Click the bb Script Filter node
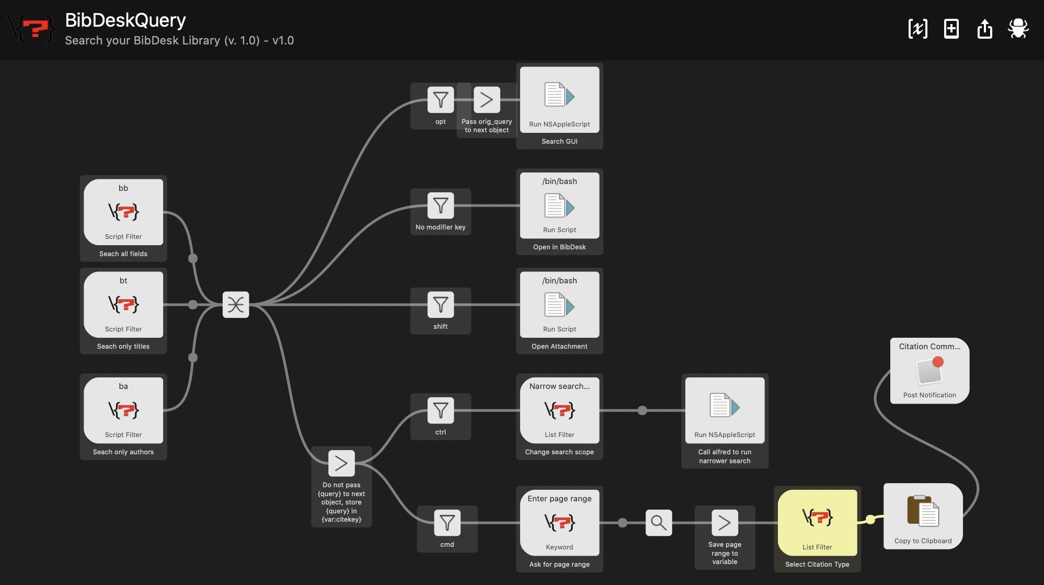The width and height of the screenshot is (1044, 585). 123,212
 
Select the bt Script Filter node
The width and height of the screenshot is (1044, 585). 123,305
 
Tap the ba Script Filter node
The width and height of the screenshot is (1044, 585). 123,410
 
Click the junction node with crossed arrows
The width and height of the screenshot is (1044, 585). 236,305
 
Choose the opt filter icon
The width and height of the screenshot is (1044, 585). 441,100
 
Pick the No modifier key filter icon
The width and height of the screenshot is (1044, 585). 441,205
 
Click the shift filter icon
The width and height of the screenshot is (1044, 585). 441,305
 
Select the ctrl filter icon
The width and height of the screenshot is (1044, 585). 441,410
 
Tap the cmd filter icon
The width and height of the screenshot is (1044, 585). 447,523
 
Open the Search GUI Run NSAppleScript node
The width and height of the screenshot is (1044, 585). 559,100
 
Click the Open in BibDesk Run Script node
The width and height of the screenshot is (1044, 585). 559,205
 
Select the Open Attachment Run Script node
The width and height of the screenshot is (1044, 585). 559,305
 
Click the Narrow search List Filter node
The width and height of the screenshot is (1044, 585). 559,410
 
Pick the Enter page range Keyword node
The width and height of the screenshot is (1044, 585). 559,523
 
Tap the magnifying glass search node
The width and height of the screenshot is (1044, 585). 659,523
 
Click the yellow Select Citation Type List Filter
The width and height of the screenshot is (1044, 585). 817,523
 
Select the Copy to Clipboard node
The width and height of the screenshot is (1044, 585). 923,516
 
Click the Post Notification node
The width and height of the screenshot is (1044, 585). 930,371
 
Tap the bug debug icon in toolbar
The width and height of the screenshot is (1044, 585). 1018,29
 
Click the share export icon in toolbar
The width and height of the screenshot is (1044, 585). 984,29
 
